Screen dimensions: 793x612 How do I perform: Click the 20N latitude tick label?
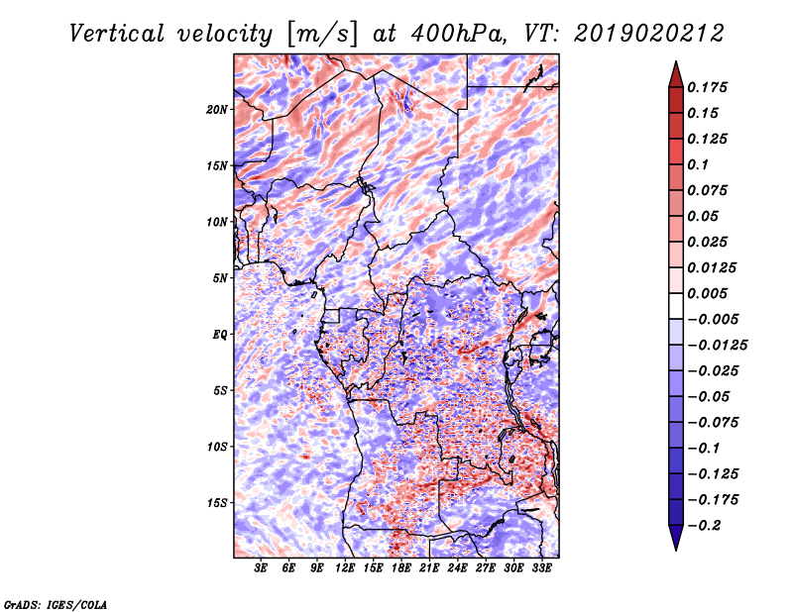pyautogui.click(x=216, y=110)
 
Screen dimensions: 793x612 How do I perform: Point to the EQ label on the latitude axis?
pyautogui.click(x=219, y=335)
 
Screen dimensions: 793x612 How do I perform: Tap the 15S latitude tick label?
pyautogui.click(x=216, y=503)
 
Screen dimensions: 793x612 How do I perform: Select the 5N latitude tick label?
pyautogui.click(x=219, y=278)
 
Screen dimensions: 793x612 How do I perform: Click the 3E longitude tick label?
pyautogui.click(x=261, y=567)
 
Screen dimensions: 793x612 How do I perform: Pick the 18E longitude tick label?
pyautogui.click(x=401, y=567)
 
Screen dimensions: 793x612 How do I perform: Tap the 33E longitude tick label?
pyautogui.click(x=541, y=567)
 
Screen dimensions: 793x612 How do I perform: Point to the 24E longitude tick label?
pyautogui.click(x=457, y=567)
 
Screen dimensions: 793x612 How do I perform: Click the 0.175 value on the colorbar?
pyautogui.click(x=708, y=87)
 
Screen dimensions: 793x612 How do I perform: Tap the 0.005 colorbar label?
pyautogui.click(x=708, y=293)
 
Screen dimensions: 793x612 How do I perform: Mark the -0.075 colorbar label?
pyautogui.click(x=713, y=423)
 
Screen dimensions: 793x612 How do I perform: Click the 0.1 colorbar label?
pyautogui.click(x=699, y=164)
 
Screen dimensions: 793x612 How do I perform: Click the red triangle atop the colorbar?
pyautogui.click(x=676, y=75)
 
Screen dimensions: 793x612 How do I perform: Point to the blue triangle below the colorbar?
pyautogui.click(x=676, y=538)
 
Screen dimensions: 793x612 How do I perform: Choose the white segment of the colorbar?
pyautogui.click(x=676, y=306)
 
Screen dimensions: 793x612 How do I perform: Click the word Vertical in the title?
pyautogui.click(x=117, y=34)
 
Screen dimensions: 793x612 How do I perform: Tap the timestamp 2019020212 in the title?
pyautogui.click(x=649, y=34)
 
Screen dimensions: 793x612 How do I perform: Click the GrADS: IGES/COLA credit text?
pyautogui.click(x=56, y=605)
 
